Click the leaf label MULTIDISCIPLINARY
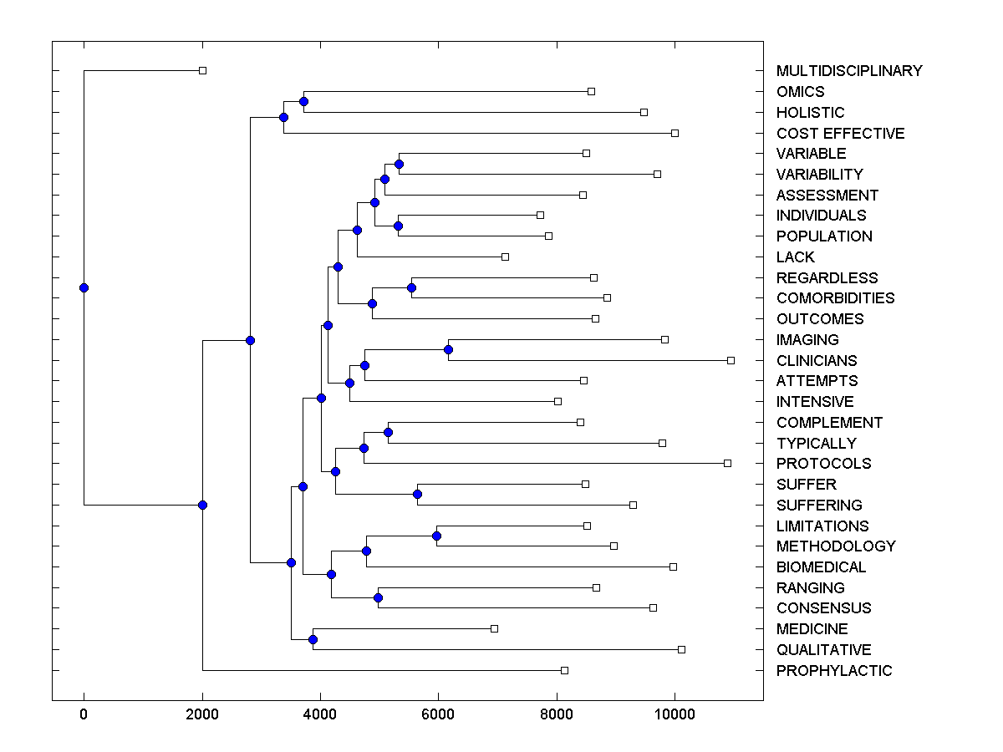[x=849, y=71]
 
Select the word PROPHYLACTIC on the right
[x=834, y=671]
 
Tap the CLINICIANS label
[x=817, y=361]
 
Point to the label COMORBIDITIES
[x=835, y=298]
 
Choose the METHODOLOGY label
[x=836, y=546]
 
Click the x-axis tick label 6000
[x=438, y=714]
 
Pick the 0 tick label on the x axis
[x=84, y=714]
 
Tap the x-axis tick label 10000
[x=675, y=714]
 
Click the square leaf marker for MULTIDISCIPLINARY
[x=202, y=71]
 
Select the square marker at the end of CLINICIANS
[x=731, y=360]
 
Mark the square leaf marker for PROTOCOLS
[x=727, y=463]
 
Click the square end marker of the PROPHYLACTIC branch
[x=564, y=670]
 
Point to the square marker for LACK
[x=505, y=257]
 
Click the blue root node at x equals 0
[x=84, y=287]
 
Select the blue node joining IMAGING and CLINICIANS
[x=449, y=349]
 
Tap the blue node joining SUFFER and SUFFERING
[x=417, y=494]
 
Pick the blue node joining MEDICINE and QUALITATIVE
[x=313, y=639]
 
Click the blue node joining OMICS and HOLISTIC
[x=303, y=101]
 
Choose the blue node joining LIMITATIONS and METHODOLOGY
[x=436, y=536]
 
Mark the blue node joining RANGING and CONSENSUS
[x=378, y=597]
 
